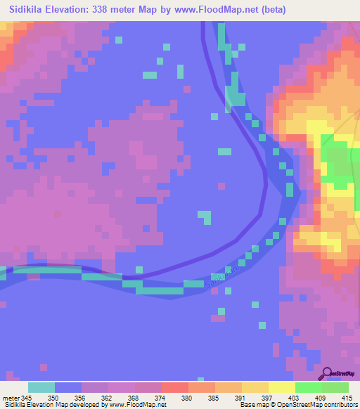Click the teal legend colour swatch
[x=41, y=387]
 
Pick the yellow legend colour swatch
[x=282, y=387]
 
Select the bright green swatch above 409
[x=309, y=387]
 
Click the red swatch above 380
[x=175, y=387]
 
